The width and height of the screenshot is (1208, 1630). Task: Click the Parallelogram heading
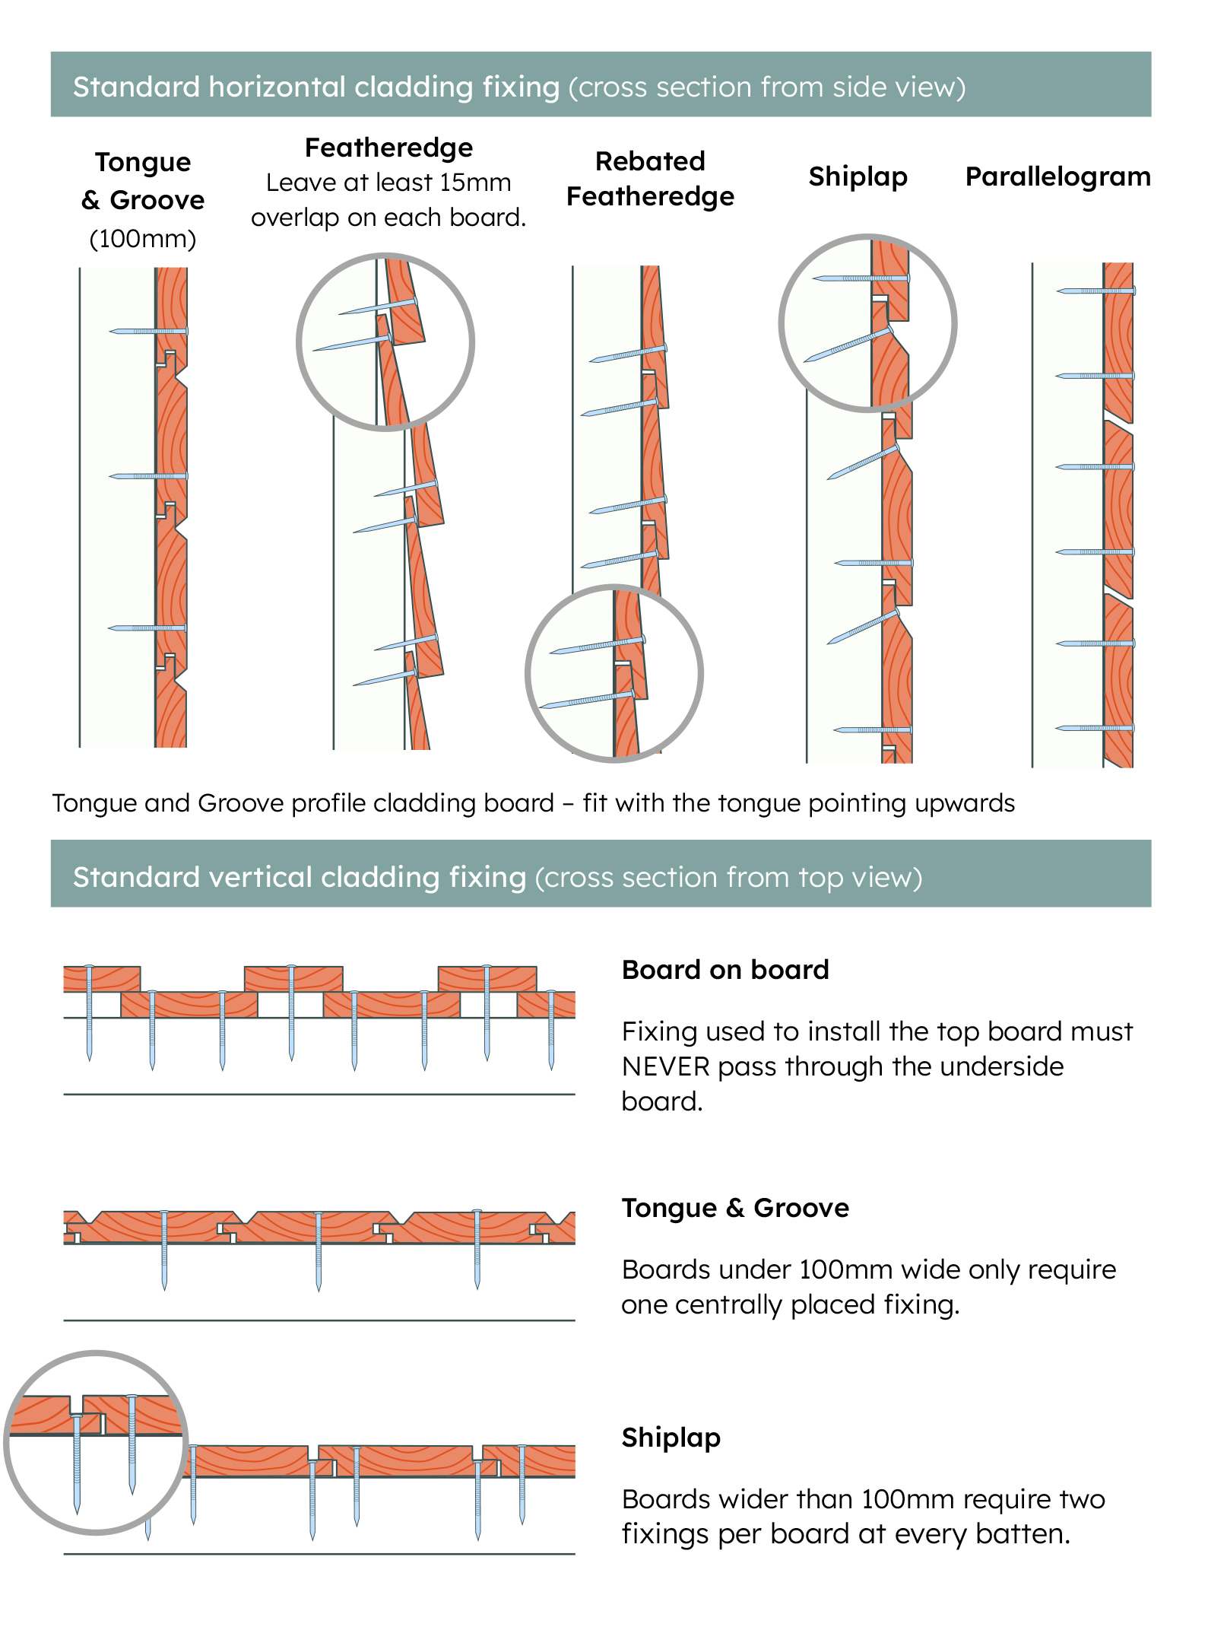(x=1057, y=176)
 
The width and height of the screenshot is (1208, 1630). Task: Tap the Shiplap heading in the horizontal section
(x=858, y=176)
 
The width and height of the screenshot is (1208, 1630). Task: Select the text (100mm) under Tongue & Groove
(x=143, y=239)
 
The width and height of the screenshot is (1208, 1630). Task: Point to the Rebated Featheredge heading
(x=650, y=179)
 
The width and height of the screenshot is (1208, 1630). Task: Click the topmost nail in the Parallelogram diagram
(x=1095, y=291)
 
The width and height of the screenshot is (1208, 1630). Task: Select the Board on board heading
(x=725, y=970)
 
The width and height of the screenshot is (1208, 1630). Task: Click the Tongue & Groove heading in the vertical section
(x=735, y=1208)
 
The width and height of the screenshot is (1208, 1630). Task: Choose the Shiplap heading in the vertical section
(x=671, y=1438)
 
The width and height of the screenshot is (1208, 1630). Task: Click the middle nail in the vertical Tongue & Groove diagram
(x=319, y=1251)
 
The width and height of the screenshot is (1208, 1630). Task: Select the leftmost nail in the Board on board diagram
(x=89, y=1012)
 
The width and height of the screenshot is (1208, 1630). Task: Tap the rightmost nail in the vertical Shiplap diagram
(x=522, y=1483)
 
